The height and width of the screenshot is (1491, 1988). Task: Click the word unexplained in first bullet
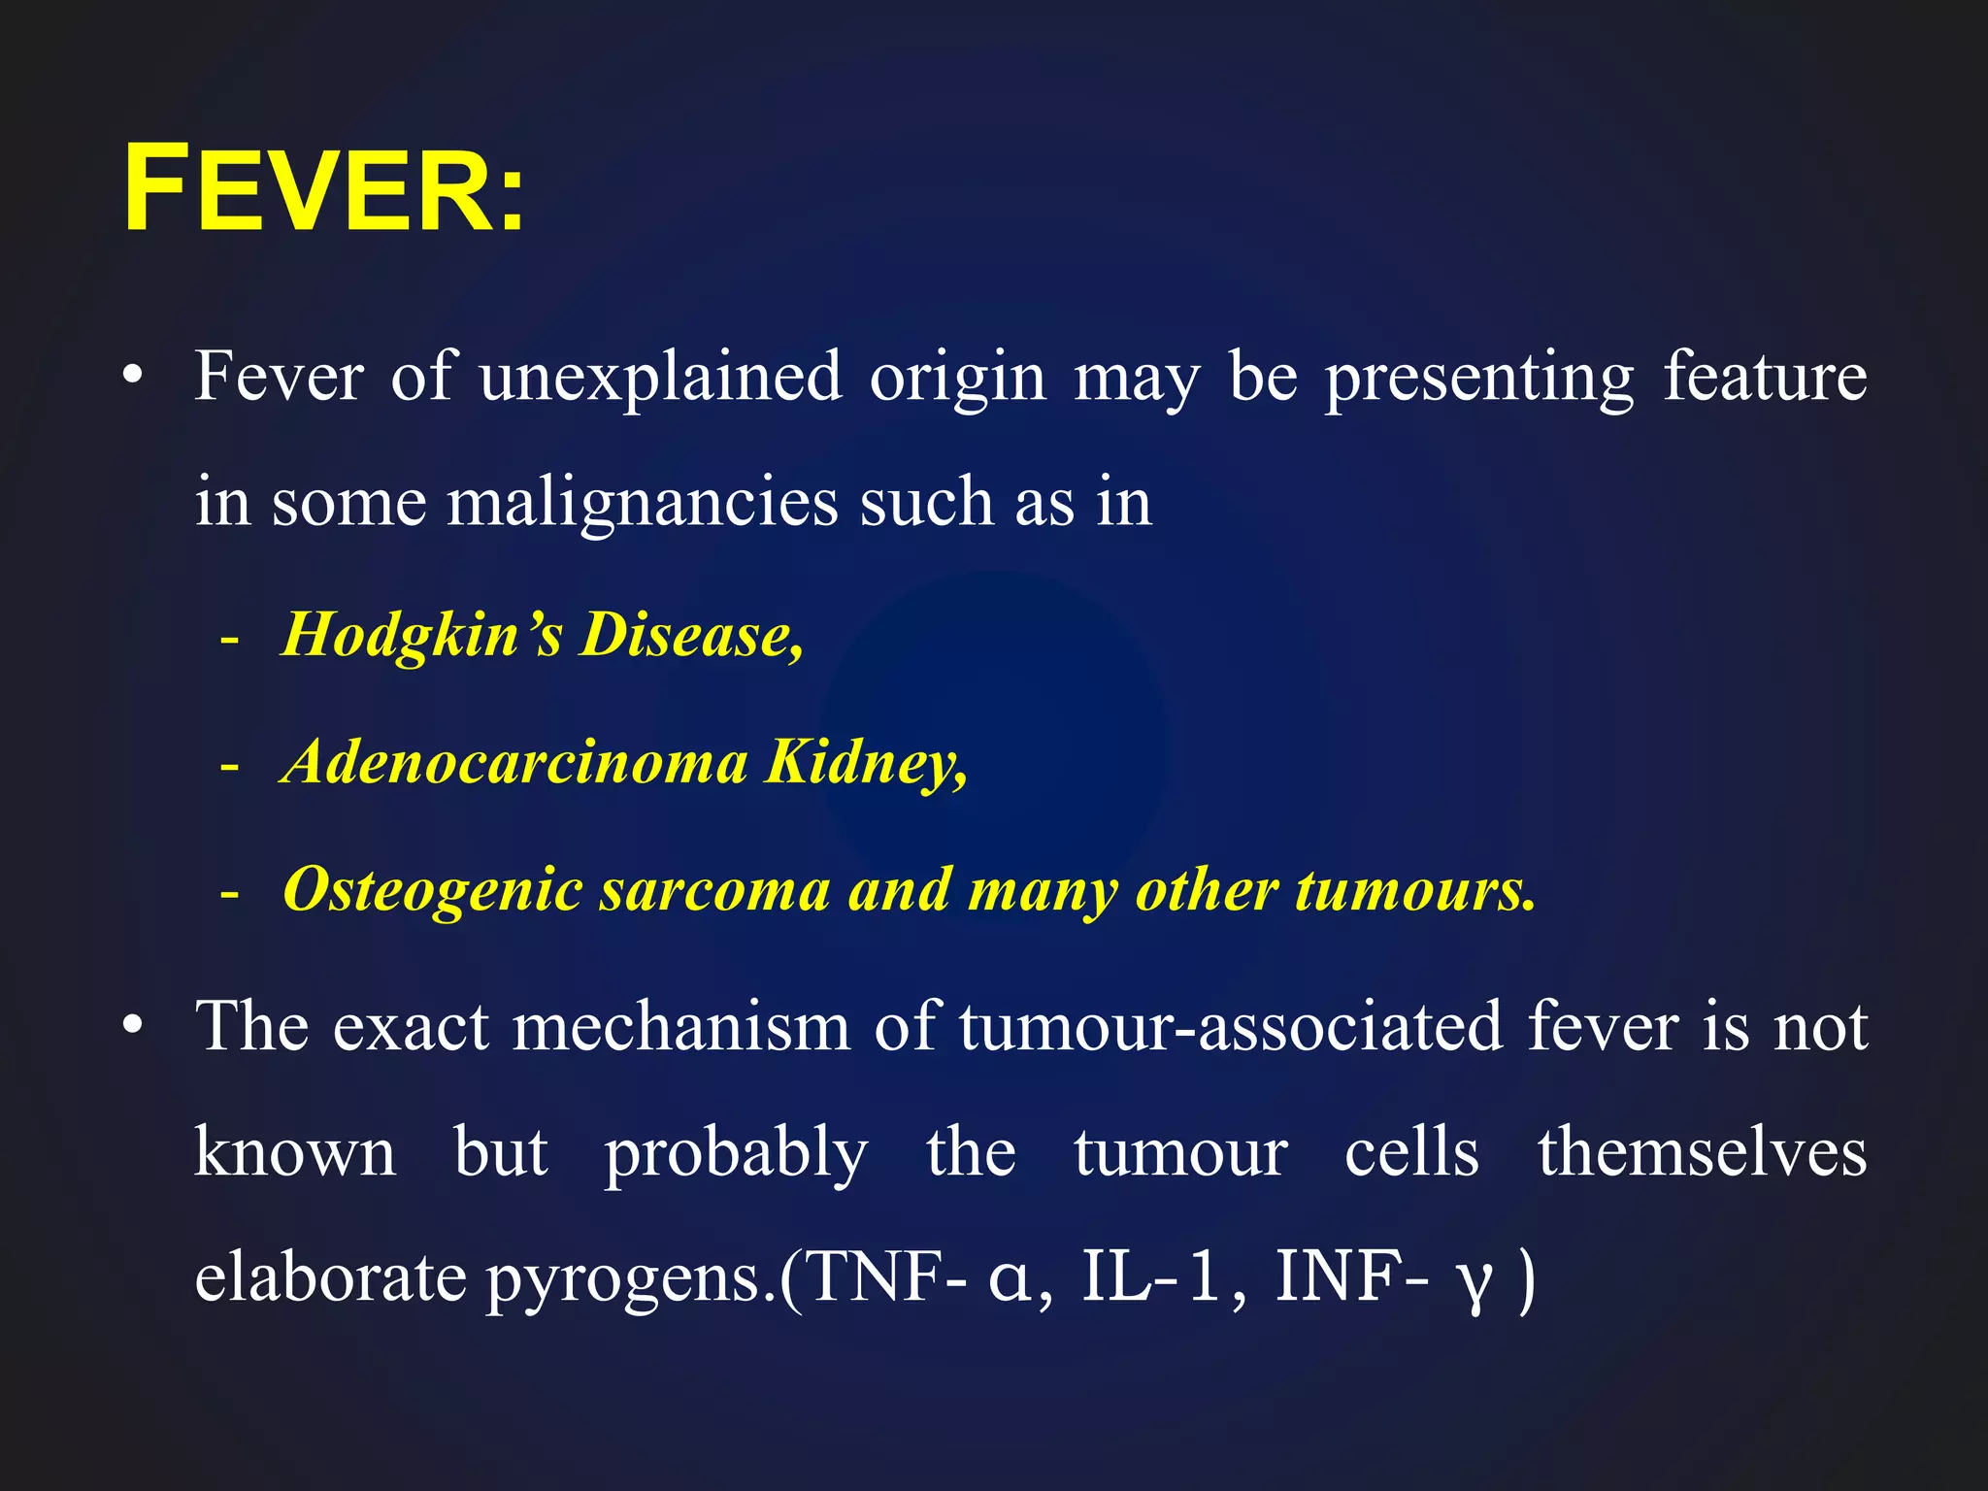[x=660, y=377]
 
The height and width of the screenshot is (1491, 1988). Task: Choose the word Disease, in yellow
[x=691, y=636]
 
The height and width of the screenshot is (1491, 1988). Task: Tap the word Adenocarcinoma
[x=514, y=762]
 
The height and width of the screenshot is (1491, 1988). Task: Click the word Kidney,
[x=866, y=764]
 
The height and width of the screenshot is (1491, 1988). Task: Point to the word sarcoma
[x=713, y=889]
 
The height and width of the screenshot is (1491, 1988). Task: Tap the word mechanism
[x=680, y=1027]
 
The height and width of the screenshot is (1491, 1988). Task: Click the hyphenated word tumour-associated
[x=1231, y=1027]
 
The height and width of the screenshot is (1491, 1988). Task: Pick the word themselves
[x=1702, y=1152]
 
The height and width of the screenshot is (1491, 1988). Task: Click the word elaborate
[x=330, y=1277]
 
